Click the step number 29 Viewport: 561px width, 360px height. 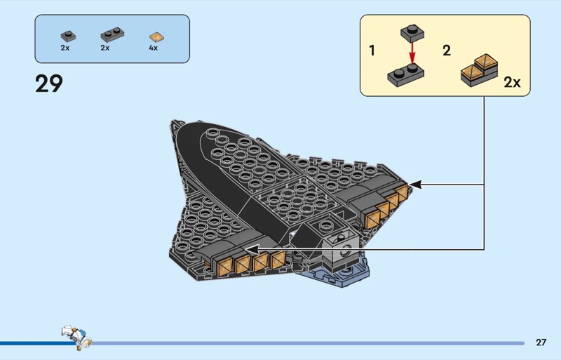tap(48, 84)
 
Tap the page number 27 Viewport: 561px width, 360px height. tap(541, 342)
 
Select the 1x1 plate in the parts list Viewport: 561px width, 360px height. tap(68, 36)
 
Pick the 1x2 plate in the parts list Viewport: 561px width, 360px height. tap(112, 34)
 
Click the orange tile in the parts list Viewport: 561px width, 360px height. tap(156, 37)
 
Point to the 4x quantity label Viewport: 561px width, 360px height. tap(153, 48)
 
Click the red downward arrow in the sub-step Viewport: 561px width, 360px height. tap(412, 53)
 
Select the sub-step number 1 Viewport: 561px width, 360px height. tap(372, 51)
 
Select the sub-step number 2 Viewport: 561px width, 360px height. tap(447, 51)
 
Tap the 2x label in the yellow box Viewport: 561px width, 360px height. tap(512, 82)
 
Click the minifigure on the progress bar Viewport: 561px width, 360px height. tap(76, 336)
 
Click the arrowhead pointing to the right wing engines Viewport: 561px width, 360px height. tap(415, 185)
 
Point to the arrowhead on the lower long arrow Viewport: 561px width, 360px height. tap(252, 249)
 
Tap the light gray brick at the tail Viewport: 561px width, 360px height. tap(340, 251)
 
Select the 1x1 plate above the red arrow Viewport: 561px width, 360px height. tap(412, 33)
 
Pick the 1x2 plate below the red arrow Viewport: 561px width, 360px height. tap(406, 75)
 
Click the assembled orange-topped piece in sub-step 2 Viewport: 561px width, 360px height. tap(480, 71)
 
